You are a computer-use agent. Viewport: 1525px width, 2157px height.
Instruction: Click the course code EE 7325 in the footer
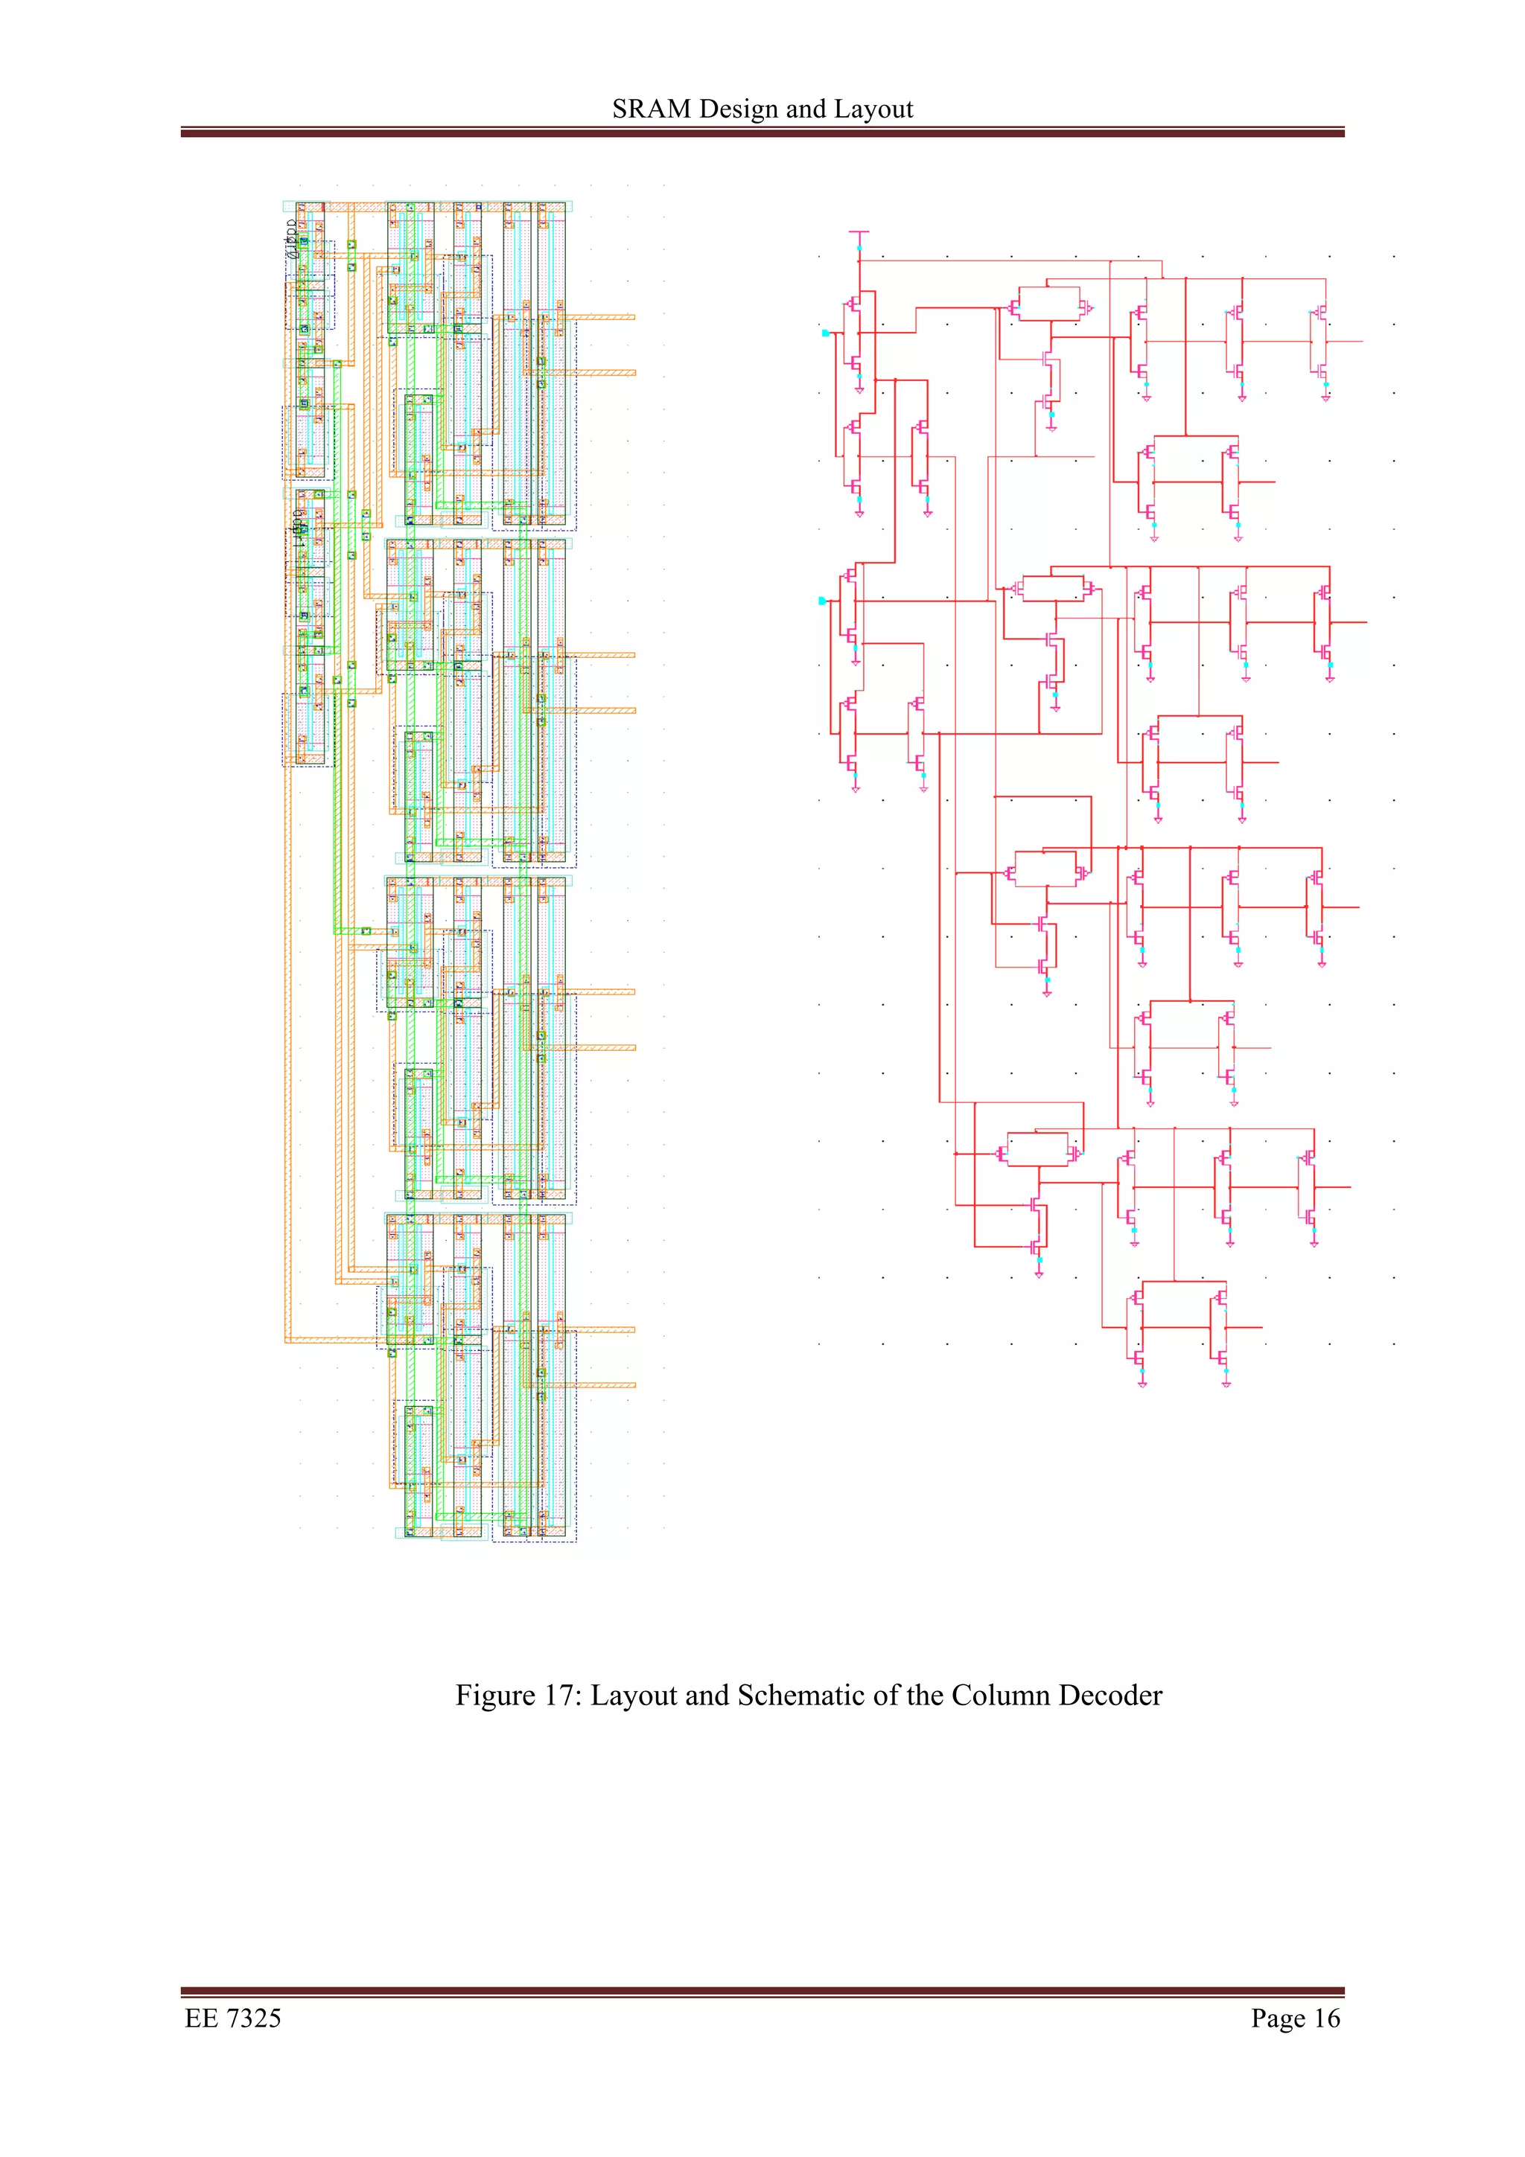click(x=233, y=2018)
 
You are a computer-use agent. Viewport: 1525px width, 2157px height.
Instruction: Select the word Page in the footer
click(x=1277, y=2018)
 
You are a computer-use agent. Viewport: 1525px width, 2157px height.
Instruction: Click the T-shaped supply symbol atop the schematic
click(x=859, y=232)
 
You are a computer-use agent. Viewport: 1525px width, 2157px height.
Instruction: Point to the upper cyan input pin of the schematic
click(x=825, y=333)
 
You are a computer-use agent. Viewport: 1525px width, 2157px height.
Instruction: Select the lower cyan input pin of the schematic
click(x=822, y=601)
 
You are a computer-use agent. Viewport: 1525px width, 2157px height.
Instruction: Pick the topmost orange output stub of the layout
click(x=602, y=318)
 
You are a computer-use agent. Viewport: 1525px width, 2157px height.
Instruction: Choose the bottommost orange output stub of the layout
click(x=602, y=1384)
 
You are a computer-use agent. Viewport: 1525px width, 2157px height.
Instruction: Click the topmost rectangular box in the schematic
click(x=1048, y=304)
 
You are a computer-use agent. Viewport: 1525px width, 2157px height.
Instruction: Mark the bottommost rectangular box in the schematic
click(x=1037, y=1150)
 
